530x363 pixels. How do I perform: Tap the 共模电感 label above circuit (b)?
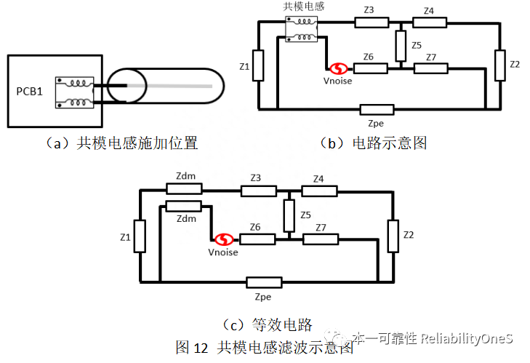coord(303,7)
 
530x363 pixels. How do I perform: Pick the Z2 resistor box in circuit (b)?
coord(498,65)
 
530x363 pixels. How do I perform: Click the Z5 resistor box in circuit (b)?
coord(400,46)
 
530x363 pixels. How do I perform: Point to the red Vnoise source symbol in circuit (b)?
coord(337,69)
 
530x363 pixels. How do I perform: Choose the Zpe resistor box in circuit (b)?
coord(377,110)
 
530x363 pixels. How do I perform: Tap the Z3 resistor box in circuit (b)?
coord(372,23)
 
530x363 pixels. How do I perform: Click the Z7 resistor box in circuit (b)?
coord(431,68)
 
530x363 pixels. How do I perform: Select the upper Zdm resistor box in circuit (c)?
coord(184,188)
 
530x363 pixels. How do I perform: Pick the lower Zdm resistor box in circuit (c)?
coord(184,206)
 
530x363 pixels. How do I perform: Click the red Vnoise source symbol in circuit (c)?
coord(223,239)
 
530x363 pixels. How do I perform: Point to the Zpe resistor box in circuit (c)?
coord(264,282)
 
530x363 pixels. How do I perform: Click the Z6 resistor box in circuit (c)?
coord(257,239)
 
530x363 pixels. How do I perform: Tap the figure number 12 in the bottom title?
coord(201,347)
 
